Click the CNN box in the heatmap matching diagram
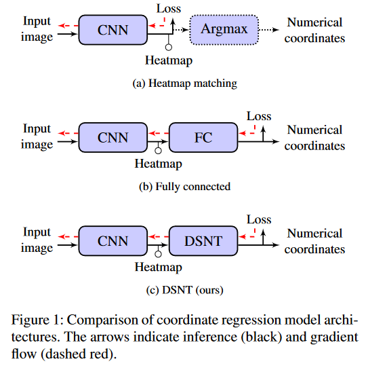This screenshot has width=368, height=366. [x=113, y=29]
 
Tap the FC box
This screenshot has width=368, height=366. [x=203, y=137]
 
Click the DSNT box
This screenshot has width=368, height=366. [x=203, y=240]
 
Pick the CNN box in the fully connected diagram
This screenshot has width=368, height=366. [x=113, y=137]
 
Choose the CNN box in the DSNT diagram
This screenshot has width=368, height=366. [x=113, y=240]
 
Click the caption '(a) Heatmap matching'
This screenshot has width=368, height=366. [x=184, y=84]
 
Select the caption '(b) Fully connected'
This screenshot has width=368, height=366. [x=184, y=187]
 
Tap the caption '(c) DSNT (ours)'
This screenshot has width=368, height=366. [x=184, y=290]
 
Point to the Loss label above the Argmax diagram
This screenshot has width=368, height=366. [x=169, y=8]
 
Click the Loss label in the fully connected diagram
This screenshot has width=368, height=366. [x=259, y=116]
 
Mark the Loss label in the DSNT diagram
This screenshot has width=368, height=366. [x=259, y=219]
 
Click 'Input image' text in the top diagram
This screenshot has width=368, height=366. [x=37, y=29]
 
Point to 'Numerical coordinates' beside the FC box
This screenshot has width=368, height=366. [x=314, y=137]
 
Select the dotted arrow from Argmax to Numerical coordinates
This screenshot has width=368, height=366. [x=268, y=30]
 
